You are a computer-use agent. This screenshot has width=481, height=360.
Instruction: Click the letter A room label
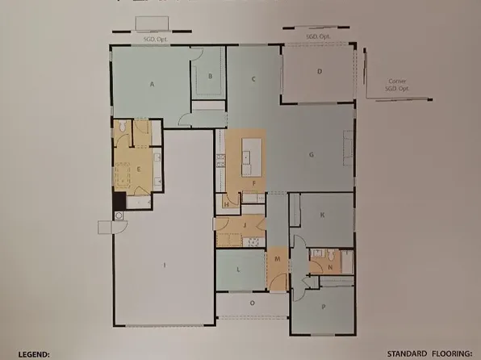click(151, 84)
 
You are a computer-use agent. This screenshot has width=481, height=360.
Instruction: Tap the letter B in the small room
click(210, 77)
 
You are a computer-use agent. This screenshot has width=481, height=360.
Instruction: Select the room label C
click(253, 79)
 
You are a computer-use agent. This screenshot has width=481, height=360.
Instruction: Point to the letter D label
click(320, 73)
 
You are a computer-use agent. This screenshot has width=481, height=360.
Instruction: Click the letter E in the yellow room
click(139, 169)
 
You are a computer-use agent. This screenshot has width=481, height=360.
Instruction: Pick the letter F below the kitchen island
click(254, 183)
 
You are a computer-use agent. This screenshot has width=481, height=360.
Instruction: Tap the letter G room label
click(311, 153)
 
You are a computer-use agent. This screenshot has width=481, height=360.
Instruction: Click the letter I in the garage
click(165, 265)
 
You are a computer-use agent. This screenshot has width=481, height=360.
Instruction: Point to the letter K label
click(322, 215)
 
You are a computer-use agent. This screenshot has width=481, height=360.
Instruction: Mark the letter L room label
click(240, 269)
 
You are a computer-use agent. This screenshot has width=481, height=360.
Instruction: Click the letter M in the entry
click(277, 259)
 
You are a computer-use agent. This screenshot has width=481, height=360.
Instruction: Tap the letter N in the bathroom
click(331, 266)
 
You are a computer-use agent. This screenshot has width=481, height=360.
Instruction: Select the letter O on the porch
click(253, 303)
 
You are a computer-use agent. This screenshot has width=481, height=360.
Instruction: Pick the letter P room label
click(323, 308)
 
